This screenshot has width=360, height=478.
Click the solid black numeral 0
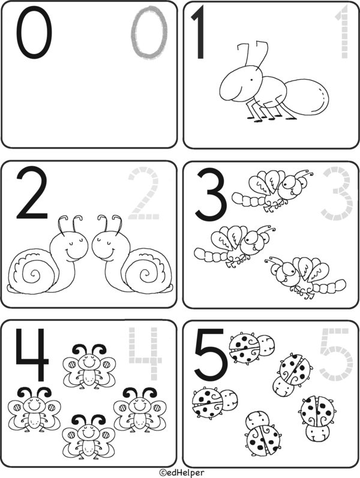point(19,33)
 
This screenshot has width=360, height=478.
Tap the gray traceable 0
point(134,33)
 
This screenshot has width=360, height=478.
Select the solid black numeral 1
point(200,33)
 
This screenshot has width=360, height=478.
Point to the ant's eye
point(252,80)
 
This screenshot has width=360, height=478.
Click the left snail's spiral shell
point(31,273)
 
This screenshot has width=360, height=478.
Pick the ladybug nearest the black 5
point(251,347)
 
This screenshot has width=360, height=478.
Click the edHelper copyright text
point(182,473)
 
